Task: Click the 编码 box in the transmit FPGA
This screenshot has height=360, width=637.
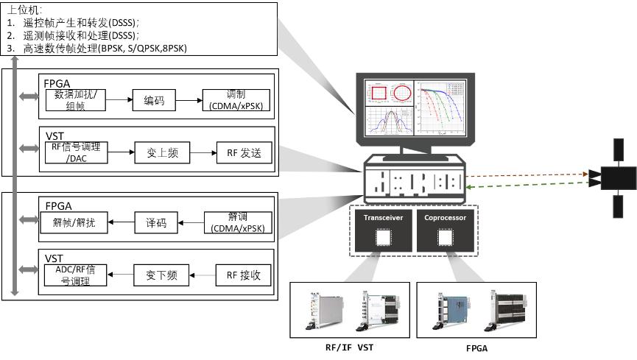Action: [154, 102]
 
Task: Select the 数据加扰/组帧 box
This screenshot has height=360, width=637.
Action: [76, 100]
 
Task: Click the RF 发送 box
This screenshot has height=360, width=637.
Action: [244, 153]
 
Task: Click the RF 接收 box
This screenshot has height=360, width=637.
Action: [244, 276]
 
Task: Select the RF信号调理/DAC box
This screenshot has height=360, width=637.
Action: [76, 153]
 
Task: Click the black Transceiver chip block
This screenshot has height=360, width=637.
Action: [381, 233]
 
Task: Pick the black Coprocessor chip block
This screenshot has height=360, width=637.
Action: [444, 233]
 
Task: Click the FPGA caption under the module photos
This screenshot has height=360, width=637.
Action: [476, 347]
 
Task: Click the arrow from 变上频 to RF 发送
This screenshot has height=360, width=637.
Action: [201, 153]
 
